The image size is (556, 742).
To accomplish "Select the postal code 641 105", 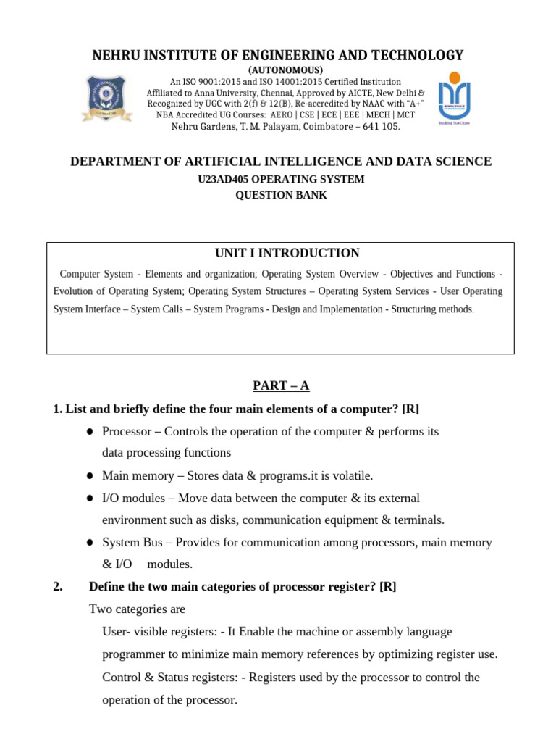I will [x=381, y=127].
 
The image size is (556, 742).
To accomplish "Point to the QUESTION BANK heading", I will [x=280, y=196].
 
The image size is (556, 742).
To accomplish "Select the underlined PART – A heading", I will [x=280, y=386].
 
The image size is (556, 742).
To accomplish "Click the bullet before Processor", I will [x=90, y=432].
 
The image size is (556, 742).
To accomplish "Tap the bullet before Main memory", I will [x=90, y=476].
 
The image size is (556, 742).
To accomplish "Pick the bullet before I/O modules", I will [x=90, y=499].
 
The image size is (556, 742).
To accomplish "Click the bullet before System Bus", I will [x=90, y=543].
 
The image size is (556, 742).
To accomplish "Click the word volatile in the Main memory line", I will [x=351, y=476].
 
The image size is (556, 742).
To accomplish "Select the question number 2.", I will [x=58, y=587].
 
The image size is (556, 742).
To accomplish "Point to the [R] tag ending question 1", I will [x=411, y=409].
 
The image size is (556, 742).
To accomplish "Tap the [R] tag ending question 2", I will [x=387, y=587].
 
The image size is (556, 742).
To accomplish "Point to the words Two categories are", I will [x=137, y=609].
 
